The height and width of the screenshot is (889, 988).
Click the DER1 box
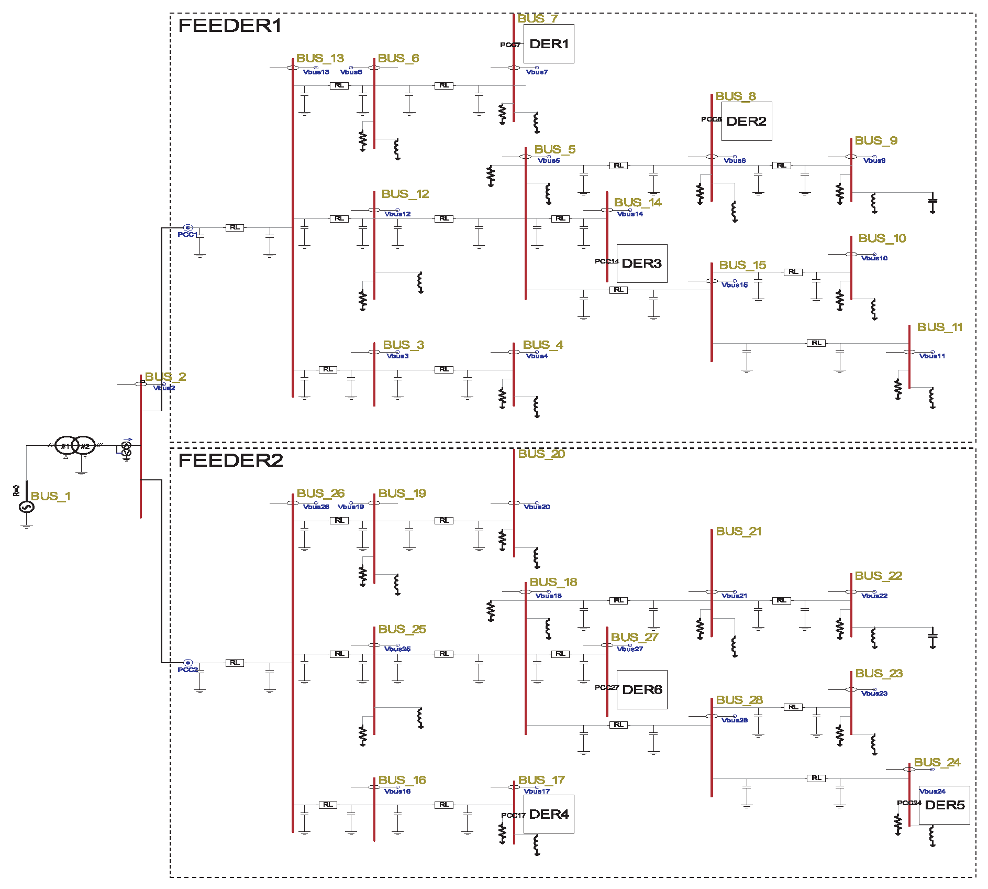[x=549, y=44]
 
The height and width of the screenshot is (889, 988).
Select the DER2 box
[x=746, y=122]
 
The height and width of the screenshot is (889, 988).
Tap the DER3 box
[x=641, y=264]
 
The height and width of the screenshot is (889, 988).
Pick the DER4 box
[x=549, y=814]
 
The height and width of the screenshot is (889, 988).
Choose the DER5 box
[x=944, y=805]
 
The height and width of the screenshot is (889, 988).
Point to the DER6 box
[x=642, y=690]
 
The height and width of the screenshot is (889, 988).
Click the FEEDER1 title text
[x=230, y=26]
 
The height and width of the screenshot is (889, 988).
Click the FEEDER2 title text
[x=230, y=460]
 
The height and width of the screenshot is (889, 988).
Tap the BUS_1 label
[x=50, y=496]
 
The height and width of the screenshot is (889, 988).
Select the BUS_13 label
[x=320, y=58]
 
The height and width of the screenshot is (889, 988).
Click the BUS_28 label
[x=739, y=700]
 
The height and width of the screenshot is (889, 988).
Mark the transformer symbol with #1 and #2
[x=75, y=446]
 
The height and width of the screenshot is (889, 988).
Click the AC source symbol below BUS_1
[x=27, y=507]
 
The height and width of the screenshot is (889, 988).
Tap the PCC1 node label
[x=187, y=235]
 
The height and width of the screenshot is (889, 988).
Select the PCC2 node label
[x=187, y=670]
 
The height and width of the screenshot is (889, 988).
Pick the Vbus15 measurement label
[x=734, y=285]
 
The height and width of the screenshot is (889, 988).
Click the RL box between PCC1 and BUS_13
[x=235, y=227]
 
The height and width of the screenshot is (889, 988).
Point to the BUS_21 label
[x=738, y=532]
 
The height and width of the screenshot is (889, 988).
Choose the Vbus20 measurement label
[x=537, y=507]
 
